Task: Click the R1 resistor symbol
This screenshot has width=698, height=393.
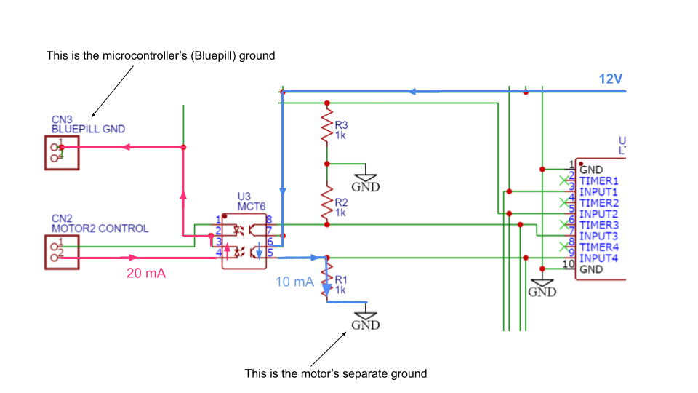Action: coord(328,280)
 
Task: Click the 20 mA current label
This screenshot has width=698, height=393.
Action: coord(146,274)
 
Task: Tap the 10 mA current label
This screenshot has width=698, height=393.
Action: coord(295,282)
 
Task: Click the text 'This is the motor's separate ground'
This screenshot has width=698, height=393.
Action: coord(335,373)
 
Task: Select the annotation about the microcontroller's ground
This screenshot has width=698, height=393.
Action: coord(161,55)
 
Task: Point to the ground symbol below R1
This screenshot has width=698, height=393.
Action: coord(366,321)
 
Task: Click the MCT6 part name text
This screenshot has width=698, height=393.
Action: coord(252,207)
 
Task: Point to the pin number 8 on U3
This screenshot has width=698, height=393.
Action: coord(269,220)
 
